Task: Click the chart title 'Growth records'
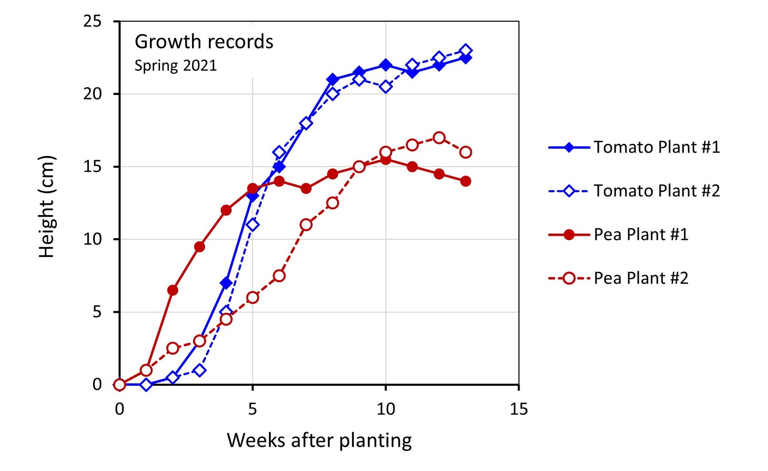coord(204,42)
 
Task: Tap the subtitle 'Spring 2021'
coord(176,65)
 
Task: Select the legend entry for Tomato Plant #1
coord(635,147)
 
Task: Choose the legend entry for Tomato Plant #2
coord(635,191)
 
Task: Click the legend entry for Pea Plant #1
coord(619,235)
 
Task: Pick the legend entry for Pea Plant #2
coord(619,278)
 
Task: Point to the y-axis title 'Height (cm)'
coord(46,207)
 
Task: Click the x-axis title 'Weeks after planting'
coord(319,441)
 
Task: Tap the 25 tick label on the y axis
coord(92,21)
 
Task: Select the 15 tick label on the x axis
coord(519,409)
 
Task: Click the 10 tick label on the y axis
coord(92,239)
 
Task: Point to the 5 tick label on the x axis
coord(252,409)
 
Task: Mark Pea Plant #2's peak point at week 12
coord(439,138)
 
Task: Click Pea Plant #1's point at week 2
coord(173,290)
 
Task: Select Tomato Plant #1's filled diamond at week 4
coord(226,283)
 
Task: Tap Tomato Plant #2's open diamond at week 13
coord(466,51)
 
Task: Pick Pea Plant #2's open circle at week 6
coord(280,275)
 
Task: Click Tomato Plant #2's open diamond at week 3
coord(200,370)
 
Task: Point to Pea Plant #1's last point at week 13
coord(466,181)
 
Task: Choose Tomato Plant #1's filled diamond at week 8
coord(333,80)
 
